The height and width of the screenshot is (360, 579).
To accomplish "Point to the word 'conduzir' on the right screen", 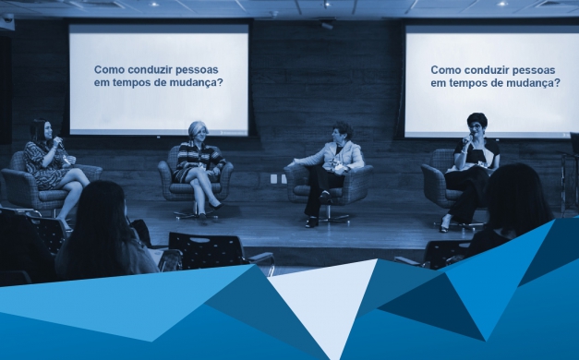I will [x=489, y=69].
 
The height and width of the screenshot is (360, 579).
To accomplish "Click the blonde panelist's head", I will [x=197, y=130].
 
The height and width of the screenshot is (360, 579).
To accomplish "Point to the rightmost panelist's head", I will [x=476, y=123].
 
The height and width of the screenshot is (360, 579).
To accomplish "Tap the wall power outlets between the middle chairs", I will [x=279, y=178].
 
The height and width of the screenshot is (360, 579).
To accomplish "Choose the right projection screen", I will [x=491, y=80].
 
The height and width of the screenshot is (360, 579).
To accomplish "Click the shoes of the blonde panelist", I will [x=208, y=211].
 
